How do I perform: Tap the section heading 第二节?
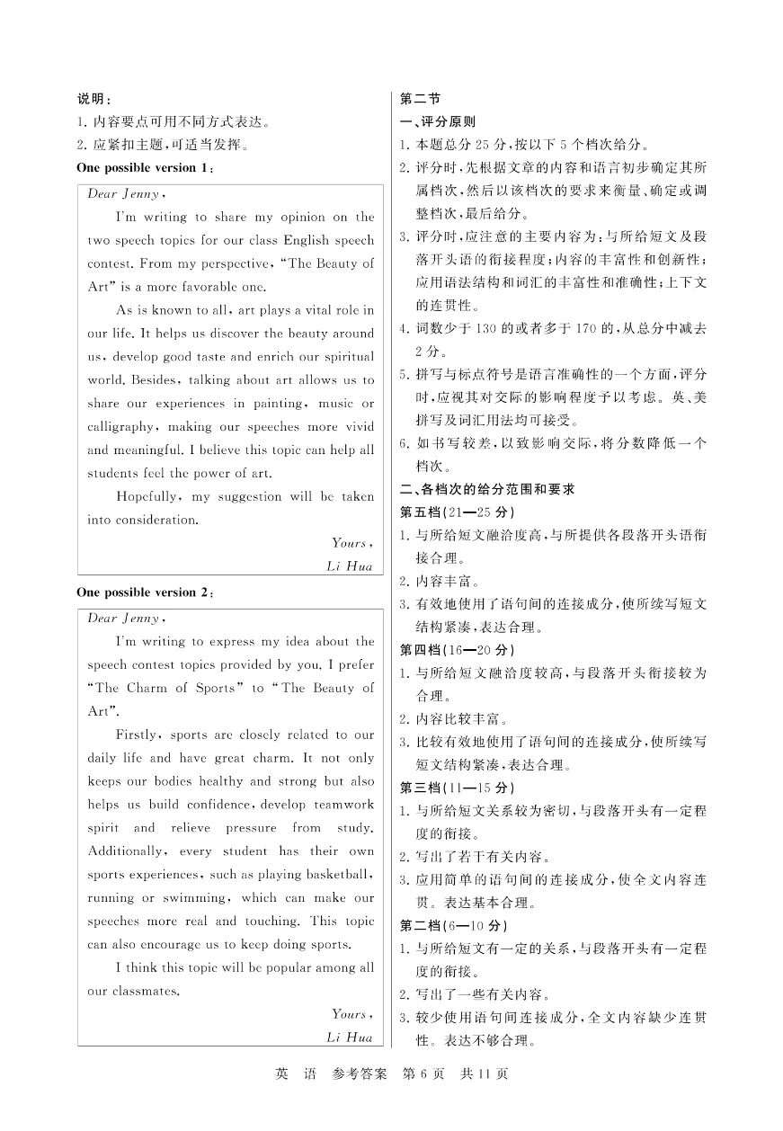point(419,99)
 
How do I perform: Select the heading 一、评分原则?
point(438,121)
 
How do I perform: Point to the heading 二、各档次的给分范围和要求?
point(486,489)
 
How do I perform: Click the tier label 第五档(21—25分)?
point(457,512)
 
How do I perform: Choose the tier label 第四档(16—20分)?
point(457,650)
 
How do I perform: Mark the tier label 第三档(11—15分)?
point(457,788)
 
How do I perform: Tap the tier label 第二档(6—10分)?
point(453,925)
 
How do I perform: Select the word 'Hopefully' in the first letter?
point(149,496)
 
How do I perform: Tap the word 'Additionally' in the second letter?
point(126,850)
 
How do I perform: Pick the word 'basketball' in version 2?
point(338,874)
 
